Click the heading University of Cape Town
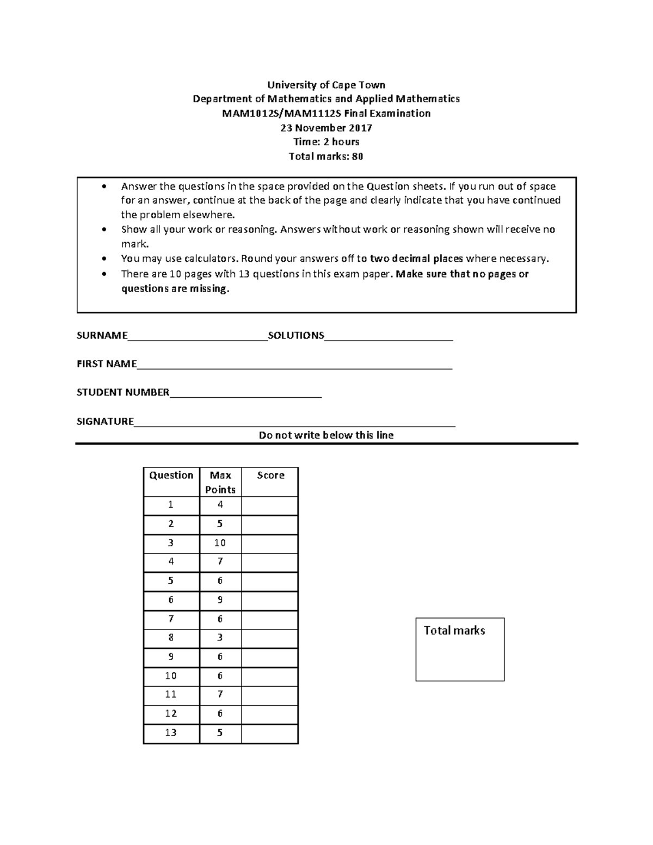[325, 85]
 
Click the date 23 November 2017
[326, 128]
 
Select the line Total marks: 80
[326, 157]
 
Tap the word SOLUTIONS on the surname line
[296, 335]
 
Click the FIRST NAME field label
[107, 364]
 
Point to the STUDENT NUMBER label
[123, 392]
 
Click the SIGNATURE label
[105, 421]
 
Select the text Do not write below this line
[326, 435]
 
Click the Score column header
[270, 475]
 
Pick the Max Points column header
[220, 482]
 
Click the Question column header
[171, 475]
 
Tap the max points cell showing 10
[220, 543]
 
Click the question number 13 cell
[171, 732]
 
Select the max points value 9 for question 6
[220, 600]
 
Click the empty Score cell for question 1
[270, 505]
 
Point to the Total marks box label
[454, 630]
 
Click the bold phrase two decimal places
[417, 258]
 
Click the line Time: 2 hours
[326, 142]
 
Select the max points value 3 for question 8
[220, 637]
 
